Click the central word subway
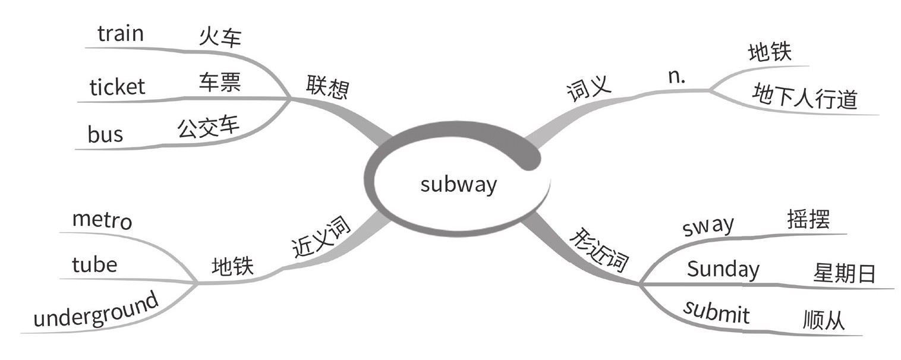click(458, 184)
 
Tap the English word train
click(121, 34)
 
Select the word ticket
click(117, 87)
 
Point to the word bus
click(105, 135)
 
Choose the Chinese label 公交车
click(208, 127)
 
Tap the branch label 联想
click(327, 87)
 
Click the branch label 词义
click(588, 90)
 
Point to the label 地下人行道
click(805, 97)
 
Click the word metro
click(102, 220)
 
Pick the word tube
click(94, 264)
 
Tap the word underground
click(96, 310)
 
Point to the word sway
click(708, 226)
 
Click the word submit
click(716, 312)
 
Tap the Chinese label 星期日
click(844, 274)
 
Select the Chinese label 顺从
click(823, 321)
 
